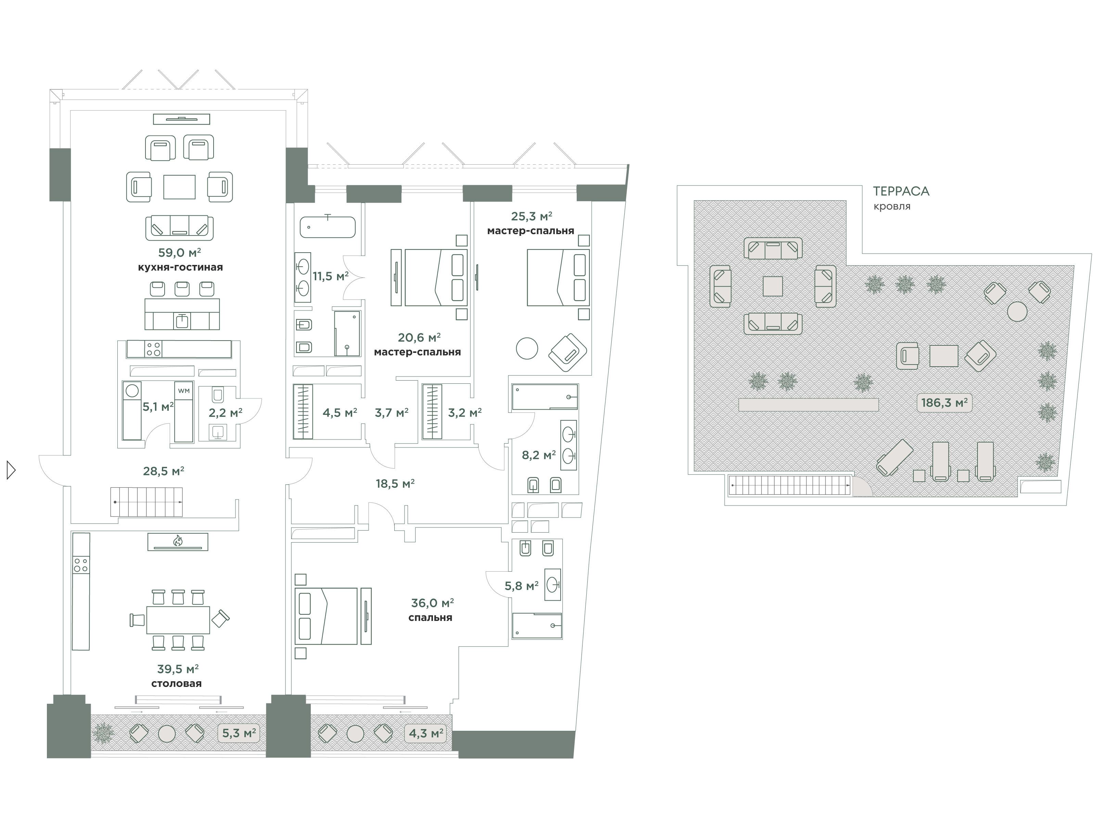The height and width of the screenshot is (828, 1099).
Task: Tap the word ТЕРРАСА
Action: tap(901, 191)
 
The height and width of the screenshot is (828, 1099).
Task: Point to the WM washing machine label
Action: tap(184, 391)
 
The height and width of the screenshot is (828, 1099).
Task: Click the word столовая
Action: tap(176, 683)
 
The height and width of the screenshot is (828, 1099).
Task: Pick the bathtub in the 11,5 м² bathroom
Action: tap(328, 227)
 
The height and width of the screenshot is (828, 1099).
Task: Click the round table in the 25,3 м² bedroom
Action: tap(527, 348)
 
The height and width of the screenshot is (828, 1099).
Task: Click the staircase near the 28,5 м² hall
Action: tap(146, 502)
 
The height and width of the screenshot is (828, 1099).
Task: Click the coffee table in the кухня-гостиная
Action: tap(179, 187)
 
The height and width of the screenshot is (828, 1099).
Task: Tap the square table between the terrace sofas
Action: tap(772, 286)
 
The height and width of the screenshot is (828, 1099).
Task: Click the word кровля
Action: tap(892, 206)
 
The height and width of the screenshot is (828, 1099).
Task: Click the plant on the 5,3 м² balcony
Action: tap(103, 733)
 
